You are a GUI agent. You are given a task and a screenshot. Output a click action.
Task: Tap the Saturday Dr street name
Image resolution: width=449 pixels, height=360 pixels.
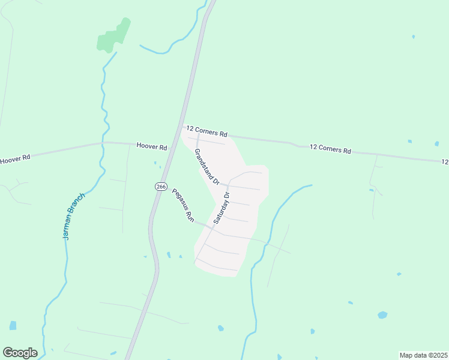click(x=221, y=208)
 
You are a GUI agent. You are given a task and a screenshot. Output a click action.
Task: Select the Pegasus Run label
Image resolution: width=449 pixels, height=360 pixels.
click(x=184, y=206)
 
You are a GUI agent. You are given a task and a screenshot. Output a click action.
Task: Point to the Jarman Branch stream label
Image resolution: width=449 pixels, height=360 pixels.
click(x=74, y=216)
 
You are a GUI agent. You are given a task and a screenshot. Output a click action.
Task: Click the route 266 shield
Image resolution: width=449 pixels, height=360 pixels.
click(x=160, y=187)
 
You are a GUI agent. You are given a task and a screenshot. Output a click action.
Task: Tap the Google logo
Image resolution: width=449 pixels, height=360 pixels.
click(x=20, y=353)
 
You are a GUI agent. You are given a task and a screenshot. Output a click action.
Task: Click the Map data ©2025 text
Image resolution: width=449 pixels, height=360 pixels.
click(x=423, y=355)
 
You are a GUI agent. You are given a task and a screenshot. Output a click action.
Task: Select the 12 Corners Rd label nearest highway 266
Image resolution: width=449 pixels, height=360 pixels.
click(x=207, y=131)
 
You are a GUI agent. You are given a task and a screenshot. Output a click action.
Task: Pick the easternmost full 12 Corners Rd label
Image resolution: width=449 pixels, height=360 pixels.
click(x=330, y=149)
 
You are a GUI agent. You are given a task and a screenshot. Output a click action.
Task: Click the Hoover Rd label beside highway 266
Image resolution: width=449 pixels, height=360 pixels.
click(x=151, y=146)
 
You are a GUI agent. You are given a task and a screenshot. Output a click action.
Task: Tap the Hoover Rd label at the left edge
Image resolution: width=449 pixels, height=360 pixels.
click(x=14, y=160)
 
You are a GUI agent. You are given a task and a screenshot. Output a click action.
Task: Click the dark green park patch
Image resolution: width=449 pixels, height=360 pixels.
click(x=113, y=36)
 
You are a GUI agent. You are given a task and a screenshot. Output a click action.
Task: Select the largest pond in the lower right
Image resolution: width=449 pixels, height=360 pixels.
click(x=382, y=315)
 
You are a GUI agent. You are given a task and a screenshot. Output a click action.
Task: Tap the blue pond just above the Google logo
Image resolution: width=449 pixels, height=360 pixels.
click(x=13, y=325)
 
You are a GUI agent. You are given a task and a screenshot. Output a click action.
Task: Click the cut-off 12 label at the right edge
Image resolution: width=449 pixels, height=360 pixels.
click(x=445, y=162)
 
